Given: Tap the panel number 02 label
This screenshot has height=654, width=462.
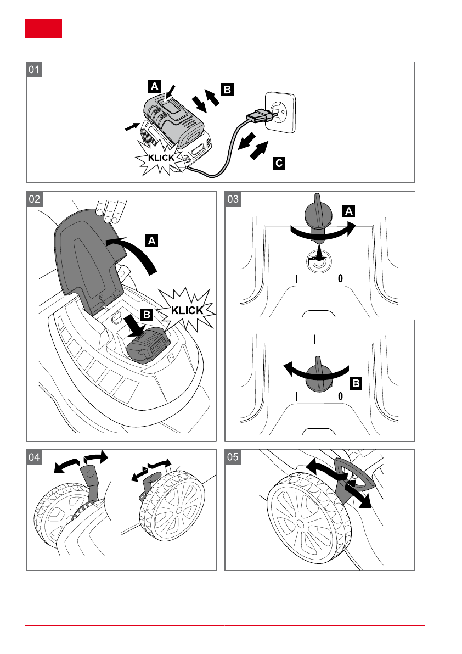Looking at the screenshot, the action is click(x=35, y=199).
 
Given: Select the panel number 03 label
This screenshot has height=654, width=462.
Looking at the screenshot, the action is click(x=233, y=199).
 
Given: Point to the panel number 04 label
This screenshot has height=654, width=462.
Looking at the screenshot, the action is click(x=35, y=457).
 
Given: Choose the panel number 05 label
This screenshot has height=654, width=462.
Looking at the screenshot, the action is click(x=233, y=457).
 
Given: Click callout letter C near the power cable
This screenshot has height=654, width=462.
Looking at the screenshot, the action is click(x=279, y=163).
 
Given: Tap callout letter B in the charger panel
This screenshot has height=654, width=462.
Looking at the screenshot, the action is click(x=227, y=90).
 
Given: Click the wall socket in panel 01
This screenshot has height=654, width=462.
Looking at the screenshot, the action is click(x=281, y=113).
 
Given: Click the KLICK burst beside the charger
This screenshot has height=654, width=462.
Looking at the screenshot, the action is click(x=161, y=158).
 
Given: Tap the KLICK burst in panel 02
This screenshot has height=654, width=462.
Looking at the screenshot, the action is click(x=187, y=310).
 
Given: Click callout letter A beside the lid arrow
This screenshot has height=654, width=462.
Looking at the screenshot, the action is click(x=151, y=241).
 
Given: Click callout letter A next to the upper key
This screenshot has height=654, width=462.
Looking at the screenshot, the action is click(x=348, y=211).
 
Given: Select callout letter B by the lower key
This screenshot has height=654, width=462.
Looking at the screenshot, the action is click(x=356, y=383).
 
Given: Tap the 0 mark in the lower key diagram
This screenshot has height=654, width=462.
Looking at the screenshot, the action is click(x=340, y=396).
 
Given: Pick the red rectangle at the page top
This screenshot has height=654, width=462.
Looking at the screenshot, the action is click(x=43, y=28).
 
